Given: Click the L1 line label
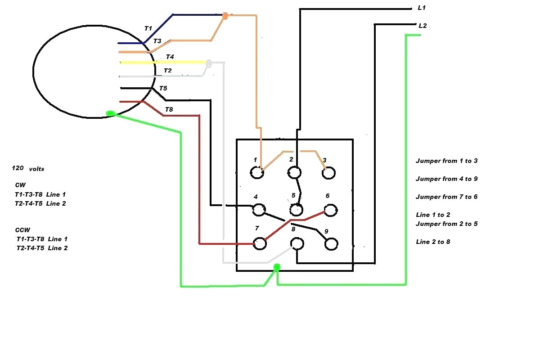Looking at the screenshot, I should [x=422, y=9].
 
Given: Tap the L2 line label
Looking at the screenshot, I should [x=422, y=26].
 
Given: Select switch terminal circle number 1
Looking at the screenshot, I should [x=257, y=173].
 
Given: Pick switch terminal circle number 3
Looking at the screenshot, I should [x=329, y=173].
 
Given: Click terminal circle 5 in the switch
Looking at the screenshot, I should [x=296, y=210].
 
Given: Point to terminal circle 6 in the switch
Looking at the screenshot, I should [x=331, y=210].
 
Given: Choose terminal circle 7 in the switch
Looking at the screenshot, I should [x=259, y=243].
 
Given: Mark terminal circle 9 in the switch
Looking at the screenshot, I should [x=331, y=244].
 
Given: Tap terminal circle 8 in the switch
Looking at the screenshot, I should [x=297, y=244].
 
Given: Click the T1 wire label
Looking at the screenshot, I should [x=148, y=28].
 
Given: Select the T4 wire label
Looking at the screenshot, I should [x=170, y=57].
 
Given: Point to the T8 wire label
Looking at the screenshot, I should [x=169, y=109].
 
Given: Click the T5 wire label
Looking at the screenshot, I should [x=163, y=88].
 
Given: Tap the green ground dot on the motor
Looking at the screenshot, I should [x=110, y=114].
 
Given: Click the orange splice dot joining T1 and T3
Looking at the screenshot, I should [x=225, y=16].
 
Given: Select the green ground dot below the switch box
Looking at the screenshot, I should [x=277, y=268].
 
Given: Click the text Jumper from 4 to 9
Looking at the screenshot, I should [x=446, y=179].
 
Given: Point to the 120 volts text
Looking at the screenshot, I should [x=28, y=169].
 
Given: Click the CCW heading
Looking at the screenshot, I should [x=22, y=229].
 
